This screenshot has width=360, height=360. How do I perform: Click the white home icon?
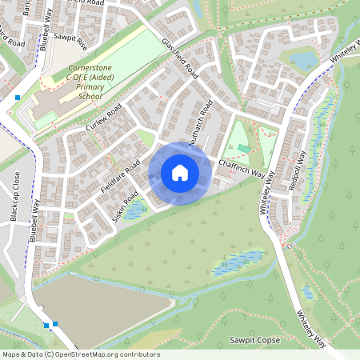pos(180,172)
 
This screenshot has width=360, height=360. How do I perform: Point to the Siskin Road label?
pos(127,206)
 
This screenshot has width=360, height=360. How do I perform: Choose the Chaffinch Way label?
pos(242,168)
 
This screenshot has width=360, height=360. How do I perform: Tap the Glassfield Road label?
pos(179,58)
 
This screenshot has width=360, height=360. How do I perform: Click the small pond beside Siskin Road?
pos(136,211)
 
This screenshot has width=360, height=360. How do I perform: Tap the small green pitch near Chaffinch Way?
pos(243,149)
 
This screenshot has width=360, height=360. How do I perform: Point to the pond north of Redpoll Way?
pos(304,61)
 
